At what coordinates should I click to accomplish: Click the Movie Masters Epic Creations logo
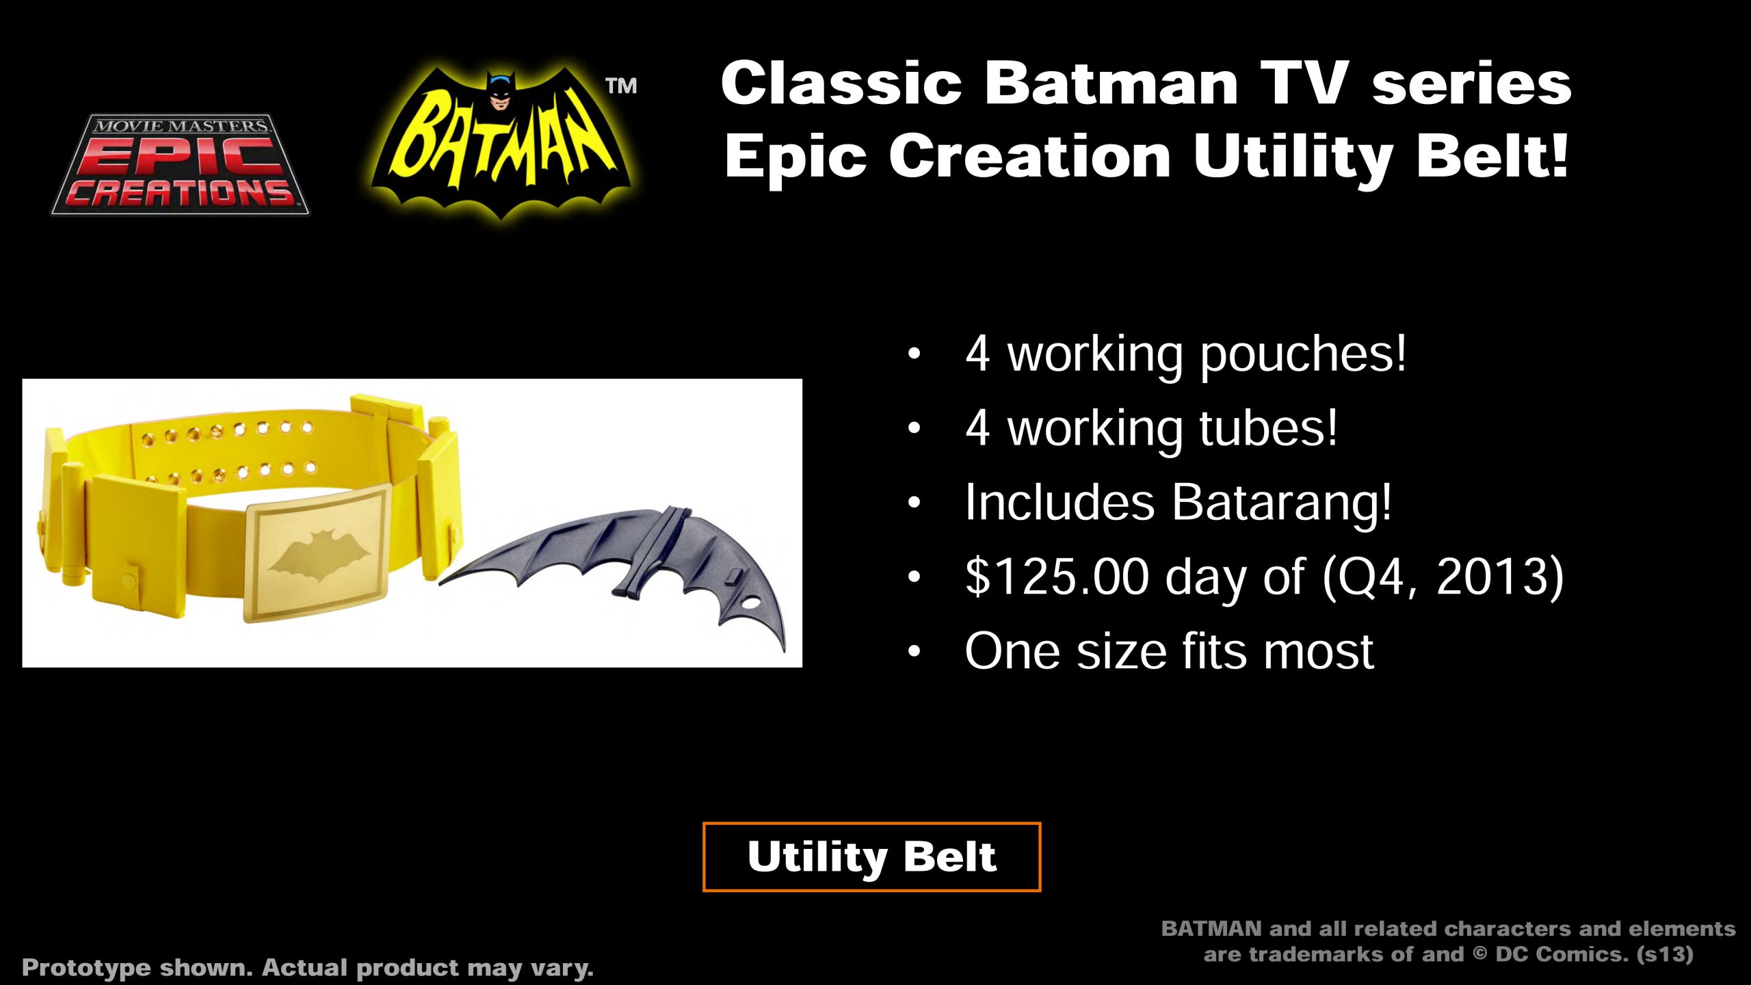click(181, 164)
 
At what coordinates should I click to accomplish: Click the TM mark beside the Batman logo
click(621, 86)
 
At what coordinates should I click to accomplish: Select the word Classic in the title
click(841, 83)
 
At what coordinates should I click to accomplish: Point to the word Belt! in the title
click(1492, 156)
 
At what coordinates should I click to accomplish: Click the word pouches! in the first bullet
click(1304, 356)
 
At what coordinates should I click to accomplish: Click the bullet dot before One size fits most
click(914, 652)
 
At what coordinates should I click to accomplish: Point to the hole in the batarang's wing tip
click(750, 605)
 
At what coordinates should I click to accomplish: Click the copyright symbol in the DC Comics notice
click(1479, 954)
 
